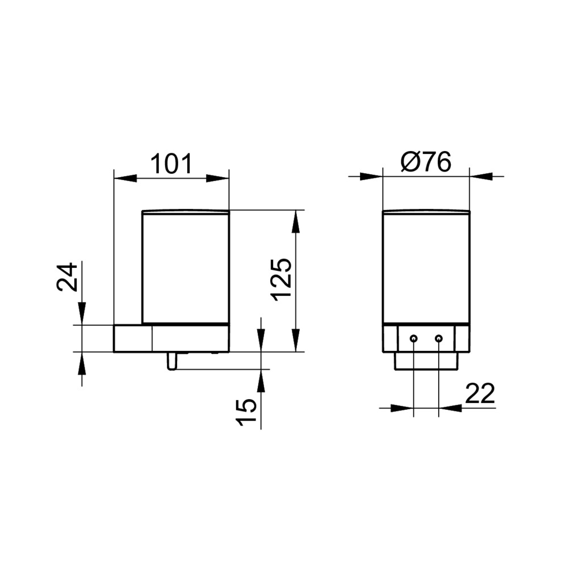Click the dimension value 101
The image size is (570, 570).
tap(171, 164)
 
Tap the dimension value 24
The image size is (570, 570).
tap(67, 277)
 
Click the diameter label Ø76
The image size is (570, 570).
tap(426, 162)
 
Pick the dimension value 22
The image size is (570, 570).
tap(480, 393)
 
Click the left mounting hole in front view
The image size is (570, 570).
tap(413, 339)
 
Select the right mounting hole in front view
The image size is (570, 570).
tap(439, 339)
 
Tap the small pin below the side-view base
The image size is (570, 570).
tap(171, 361)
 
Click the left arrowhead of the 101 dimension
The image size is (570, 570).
tap(125, 178)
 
